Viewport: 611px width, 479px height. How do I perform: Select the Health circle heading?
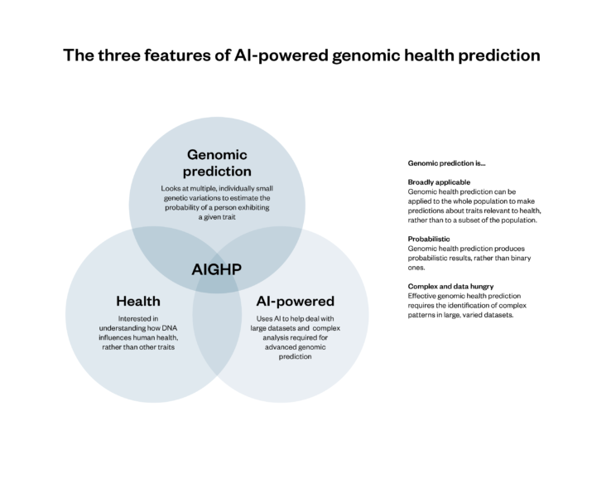click(137, 301)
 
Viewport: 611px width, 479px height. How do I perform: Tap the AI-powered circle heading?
click(296, 301)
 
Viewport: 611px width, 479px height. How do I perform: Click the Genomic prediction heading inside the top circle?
click(218, 162)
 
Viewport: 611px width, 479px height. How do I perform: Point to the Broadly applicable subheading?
click(439, 181)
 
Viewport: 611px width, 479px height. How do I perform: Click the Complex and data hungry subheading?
click(451, 286)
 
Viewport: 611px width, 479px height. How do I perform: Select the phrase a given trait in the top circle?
click(216, 216)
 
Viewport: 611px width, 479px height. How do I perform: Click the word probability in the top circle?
click(180, 207)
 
